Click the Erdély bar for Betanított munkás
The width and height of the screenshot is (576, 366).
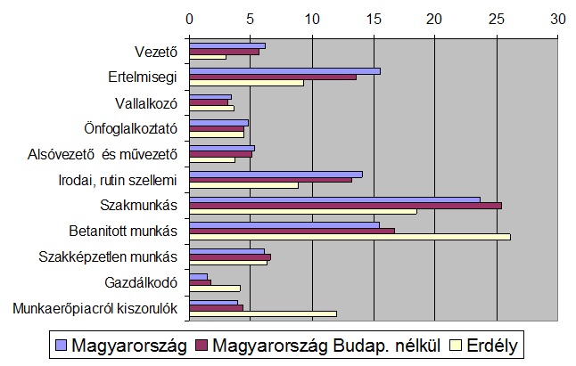pos(350,237)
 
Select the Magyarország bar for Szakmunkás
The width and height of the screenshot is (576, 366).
pos(334,199)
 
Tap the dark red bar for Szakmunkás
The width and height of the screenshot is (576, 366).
pos(345,206)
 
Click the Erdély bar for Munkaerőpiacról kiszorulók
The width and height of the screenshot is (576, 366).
pos(263,314)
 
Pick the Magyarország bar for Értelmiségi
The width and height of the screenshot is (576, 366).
pos(284,71)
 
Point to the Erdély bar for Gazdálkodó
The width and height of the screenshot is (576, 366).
pos(215,289)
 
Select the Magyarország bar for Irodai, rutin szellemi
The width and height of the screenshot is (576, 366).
pos(276,174)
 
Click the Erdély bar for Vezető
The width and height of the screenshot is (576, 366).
pos(208,57)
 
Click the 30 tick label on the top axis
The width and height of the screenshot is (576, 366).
pos(557,18)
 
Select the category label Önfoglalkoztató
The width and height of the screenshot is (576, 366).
pos(135,129)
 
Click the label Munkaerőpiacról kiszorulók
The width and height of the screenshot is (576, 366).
pos(95,309)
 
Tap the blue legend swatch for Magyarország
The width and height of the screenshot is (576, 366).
pos(61,344)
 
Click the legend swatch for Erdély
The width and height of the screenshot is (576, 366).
pos(456,344)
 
